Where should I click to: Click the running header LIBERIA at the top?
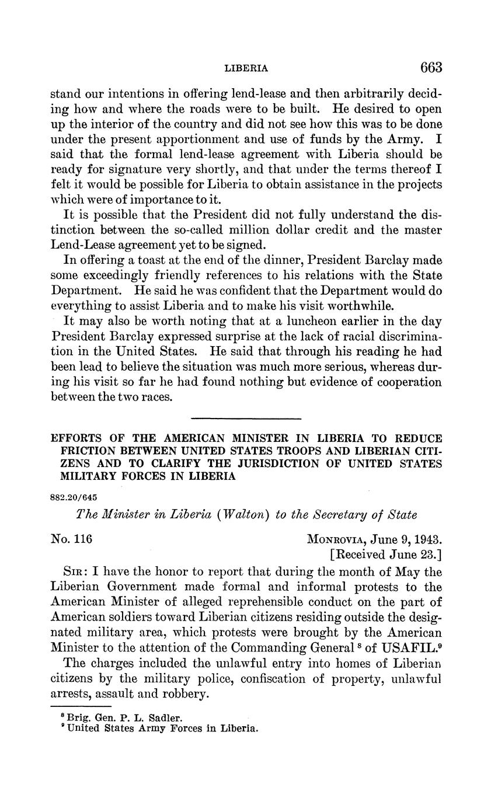(x=246, y=68)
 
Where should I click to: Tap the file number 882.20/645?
(x=74, y=497)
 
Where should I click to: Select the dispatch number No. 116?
(x=72, y=538)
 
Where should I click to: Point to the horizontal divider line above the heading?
(x=246, y=418)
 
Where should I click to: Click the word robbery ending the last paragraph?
(x=187, y=694)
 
